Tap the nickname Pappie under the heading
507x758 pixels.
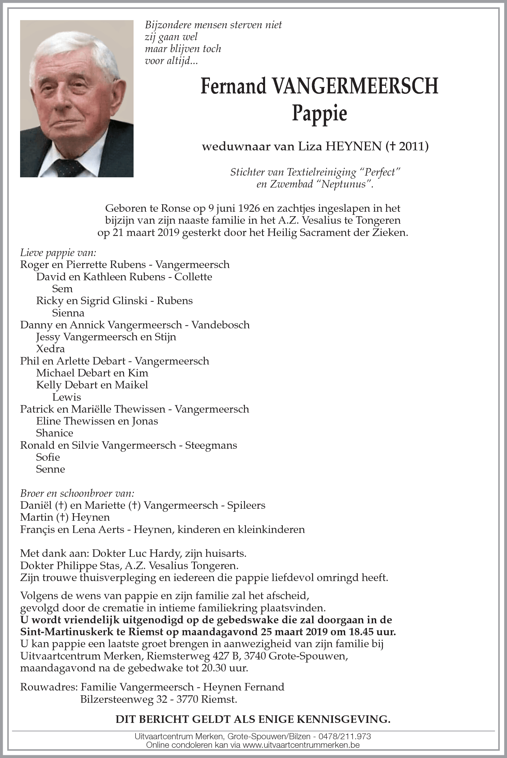click(x=319, y=114)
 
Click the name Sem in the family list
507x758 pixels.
click(x=62, y=289)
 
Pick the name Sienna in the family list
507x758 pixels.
click(x=68, y=313)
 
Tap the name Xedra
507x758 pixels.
click(x=50, y=349)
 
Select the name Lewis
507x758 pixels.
click(x=66, y=397)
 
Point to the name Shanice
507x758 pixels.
click(x=55, y=433)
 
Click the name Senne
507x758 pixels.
click(x=50, y=469)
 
